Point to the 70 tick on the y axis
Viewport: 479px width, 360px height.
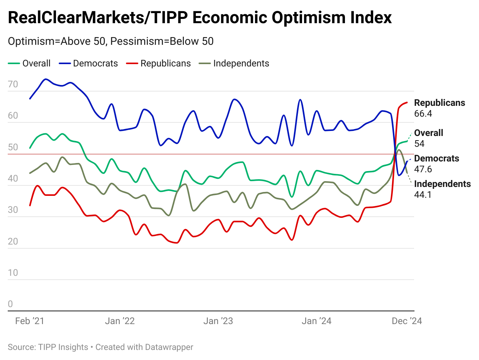13,84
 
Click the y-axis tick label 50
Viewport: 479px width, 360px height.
13,147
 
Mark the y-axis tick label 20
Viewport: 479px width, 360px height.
13,241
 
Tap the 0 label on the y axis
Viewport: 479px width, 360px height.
10,304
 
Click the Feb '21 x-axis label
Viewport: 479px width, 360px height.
30,321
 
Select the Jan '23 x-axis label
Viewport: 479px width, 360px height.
218,321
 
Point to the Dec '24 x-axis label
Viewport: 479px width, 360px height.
407,321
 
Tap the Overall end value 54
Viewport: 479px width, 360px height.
419,144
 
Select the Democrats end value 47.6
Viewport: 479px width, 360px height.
423,169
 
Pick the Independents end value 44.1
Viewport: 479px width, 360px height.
423,195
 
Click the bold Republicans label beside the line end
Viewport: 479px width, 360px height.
440,103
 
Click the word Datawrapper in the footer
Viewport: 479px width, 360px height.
169,347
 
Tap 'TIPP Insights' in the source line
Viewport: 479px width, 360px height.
63,347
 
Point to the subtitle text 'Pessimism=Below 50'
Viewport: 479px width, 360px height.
162,41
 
